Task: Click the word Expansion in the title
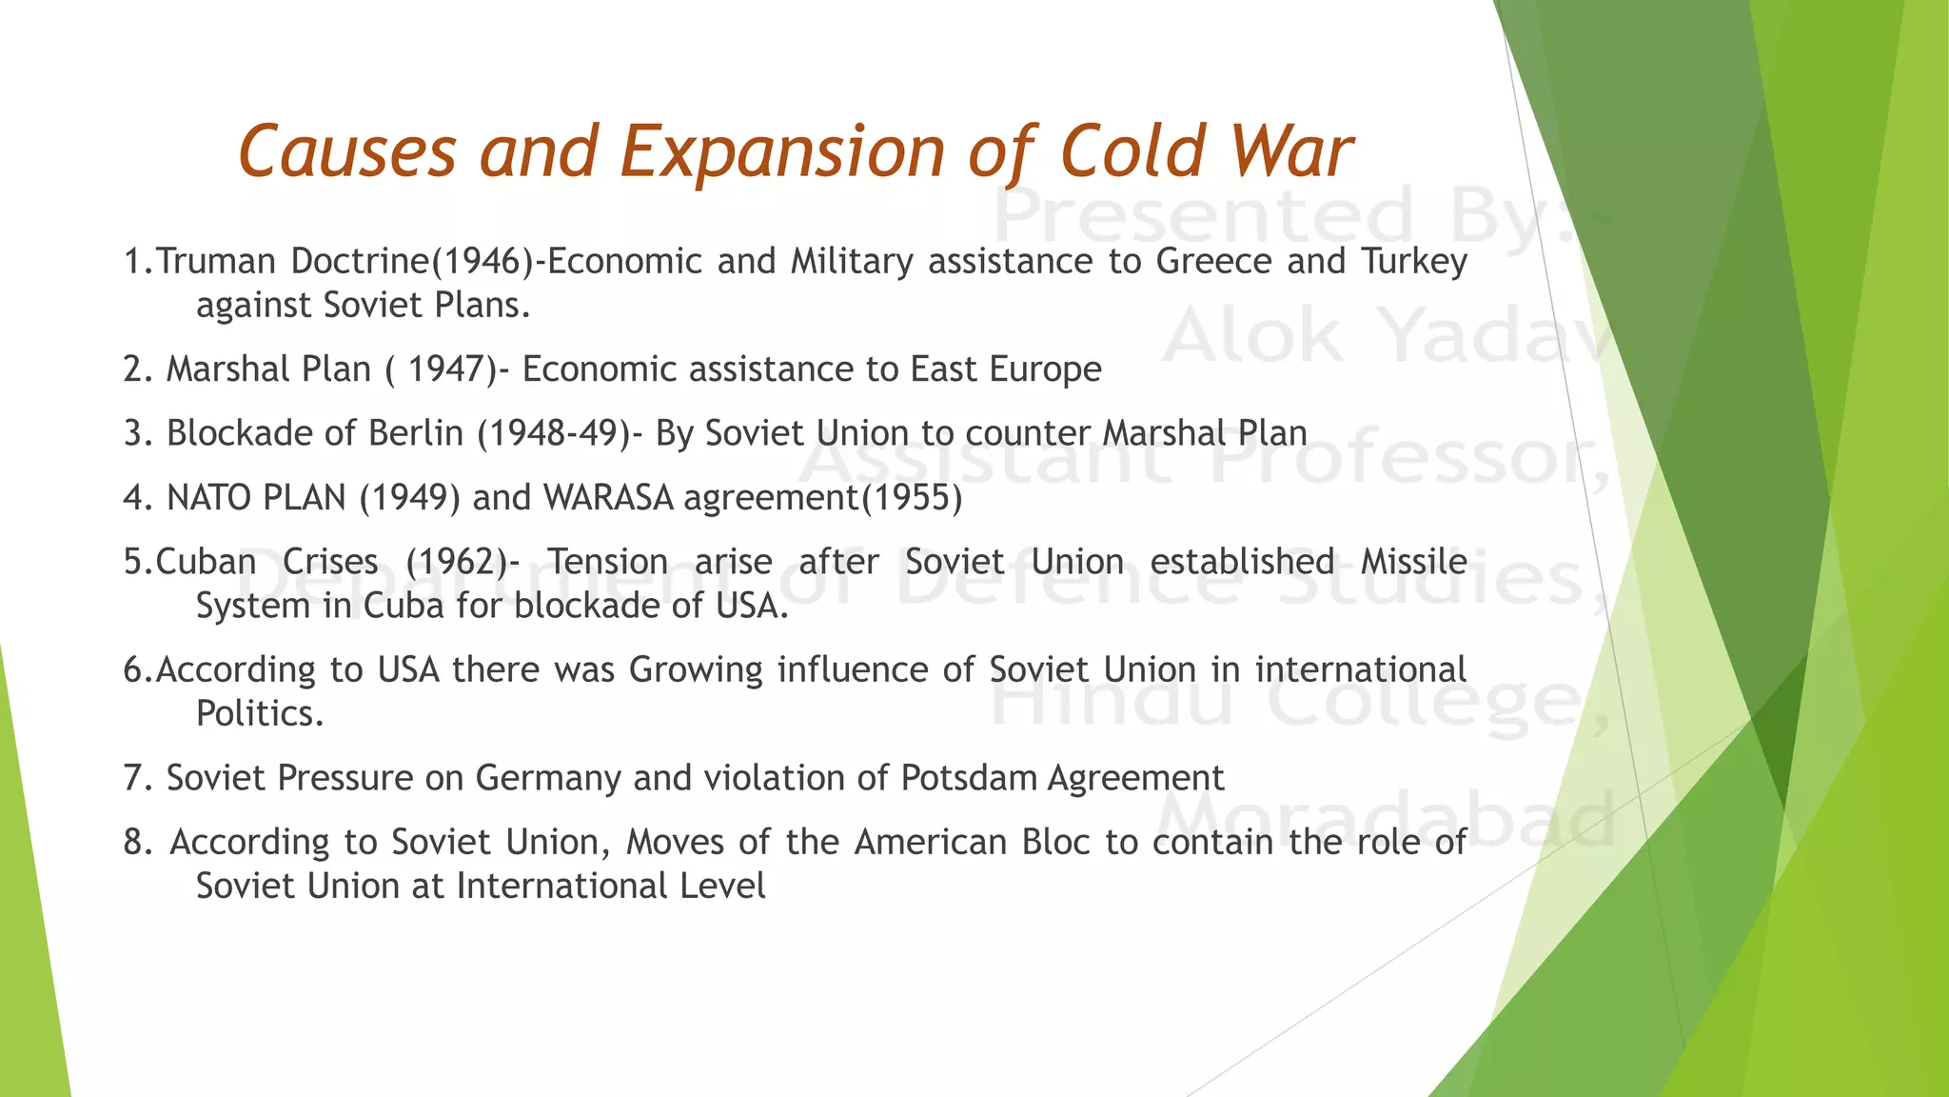coord(782,152)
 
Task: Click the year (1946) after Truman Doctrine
coord(483,261)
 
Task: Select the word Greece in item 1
coord(1213,261)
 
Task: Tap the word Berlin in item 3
coord(416,433)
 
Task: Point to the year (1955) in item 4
coord(912,498)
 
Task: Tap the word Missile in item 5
coord(1413,562)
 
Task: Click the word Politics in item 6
coord(259,713)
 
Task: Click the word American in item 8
coord(930,843)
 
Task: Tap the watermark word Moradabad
coord(1386,821)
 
